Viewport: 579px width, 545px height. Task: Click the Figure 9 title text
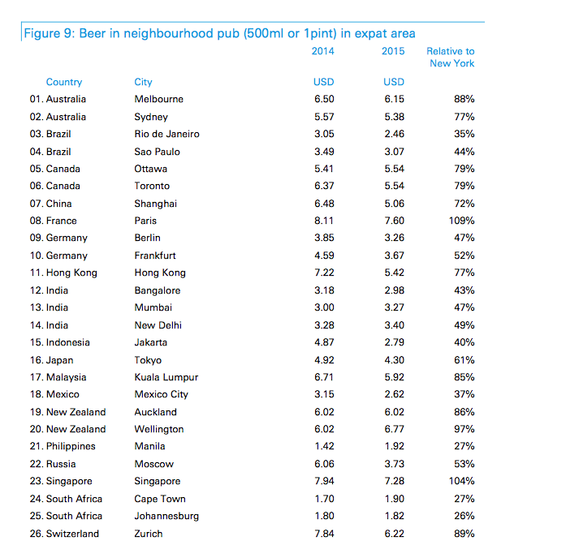(x=220, y=33)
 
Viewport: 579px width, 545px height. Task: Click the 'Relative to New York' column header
(x=451, y=57)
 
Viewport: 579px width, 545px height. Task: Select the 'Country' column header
(x=64, y=82)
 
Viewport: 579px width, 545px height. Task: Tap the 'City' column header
(x=143, y=82)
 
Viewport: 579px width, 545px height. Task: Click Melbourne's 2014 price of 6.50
(x=324, y=99)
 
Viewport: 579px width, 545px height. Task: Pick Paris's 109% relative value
(x=461, y=221)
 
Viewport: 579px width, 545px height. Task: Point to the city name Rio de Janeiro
(x=167, y=134)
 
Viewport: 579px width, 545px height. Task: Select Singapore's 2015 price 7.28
(x=395, y=481)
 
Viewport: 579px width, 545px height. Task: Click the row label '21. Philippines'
(x=63, y=446)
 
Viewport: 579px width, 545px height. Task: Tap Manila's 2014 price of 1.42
(x=324, y=446)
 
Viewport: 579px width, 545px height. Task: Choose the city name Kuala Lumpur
(x=166, y=377)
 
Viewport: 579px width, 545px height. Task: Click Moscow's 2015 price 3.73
(x=395, y=464)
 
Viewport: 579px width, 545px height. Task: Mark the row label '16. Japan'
(x=52, y=360)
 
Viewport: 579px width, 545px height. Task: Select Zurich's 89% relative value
(x=464, y=534)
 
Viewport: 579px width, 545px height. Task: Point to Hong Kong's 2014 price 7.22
(x=324, y=272)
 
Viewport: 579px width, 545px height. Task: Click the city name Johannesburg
(x=166, y=516)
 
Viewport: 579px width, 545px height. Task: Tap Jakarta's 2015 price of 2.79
(x=395, y=342)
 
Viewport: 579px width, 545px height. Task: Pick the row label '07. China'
(x=51, y=204)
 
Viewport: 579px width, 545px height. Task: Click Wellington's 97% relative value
(x=464, y=429)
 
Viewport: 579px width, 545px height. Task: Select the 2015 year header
(x=393, y=51)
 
